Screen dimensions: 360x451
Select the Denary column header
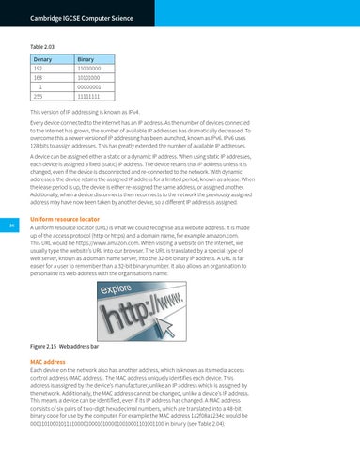pyautogui.click(x=46, y=58)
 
